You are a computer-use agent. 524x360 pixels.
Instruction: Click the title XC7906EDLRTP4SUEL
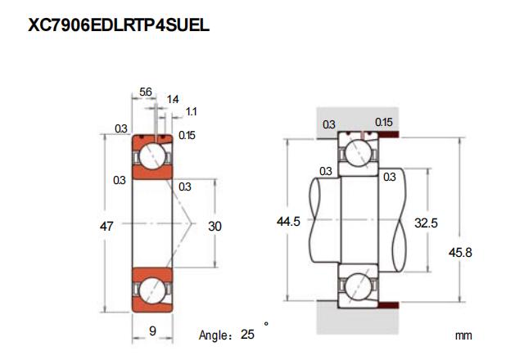point(119,25)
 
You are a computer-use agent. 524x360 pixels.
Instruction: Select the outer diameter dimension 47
point(106,225)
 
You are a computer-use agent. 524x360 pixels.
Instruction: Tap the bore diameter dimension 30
point(215,225)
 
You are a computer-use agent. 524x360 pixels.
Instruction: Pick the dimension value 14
point(172,99)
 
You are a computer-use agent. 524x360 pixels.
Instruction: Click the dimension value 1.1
point(191,111)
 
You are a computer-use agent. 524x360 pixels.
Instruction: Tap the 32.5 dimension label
point(426,221)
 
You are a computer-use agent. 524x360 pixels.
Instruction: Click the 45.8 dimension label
point(463,253)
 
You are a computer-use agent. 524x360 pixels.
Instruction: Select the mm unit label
point(464,335)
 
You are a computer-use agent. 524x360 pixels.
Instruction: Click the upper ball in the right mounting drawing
point(358,152)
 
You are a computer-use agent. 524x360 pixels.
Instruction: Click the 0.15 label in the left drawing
point(186,136)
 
